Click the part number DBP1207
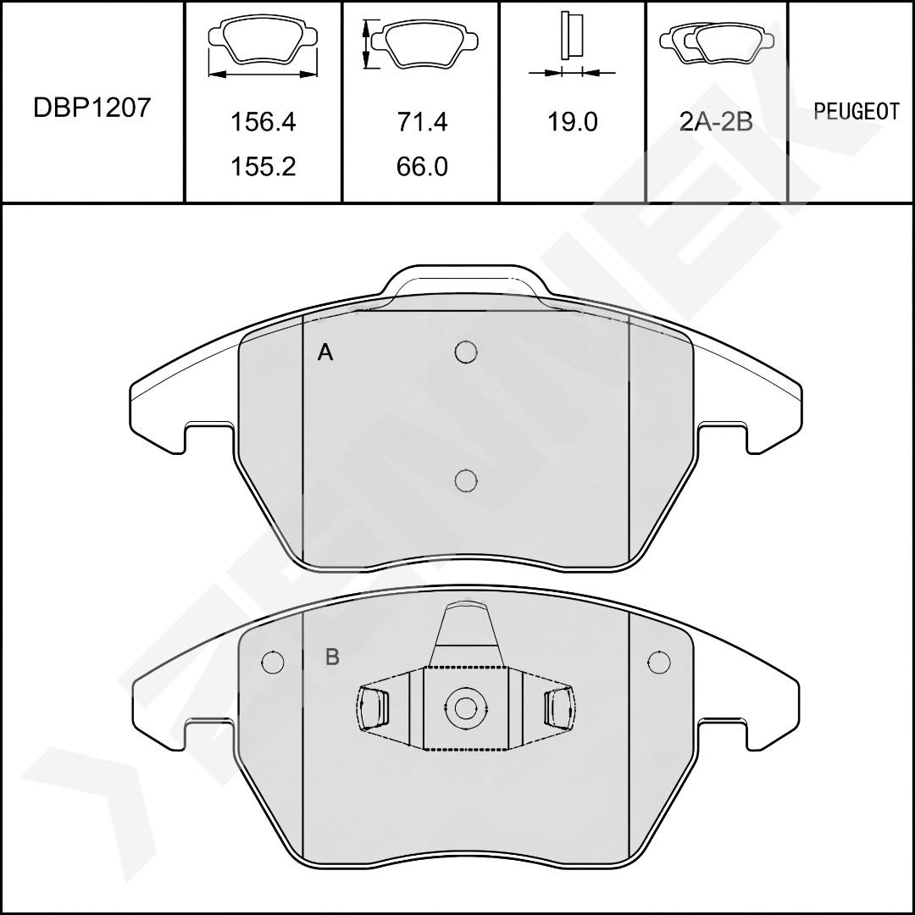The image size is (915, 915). coord(92,108)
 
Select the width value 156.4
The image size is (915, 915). coord(263,122)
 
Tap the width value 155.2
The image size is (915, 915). coord(263,167)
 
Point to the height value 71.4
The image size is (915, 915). coord(422,122)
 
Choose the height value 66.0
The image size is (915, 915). coord(422,167)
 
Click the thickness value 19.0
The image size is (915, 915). coord(572,122)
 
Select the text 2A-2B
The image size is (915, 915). coord(716,122)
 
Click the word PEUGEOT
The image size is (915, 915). coord(857,112)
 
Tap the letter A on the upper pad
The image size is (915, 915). coord(325,352)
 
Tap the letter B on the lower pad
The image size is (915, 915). coord(332,657)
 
